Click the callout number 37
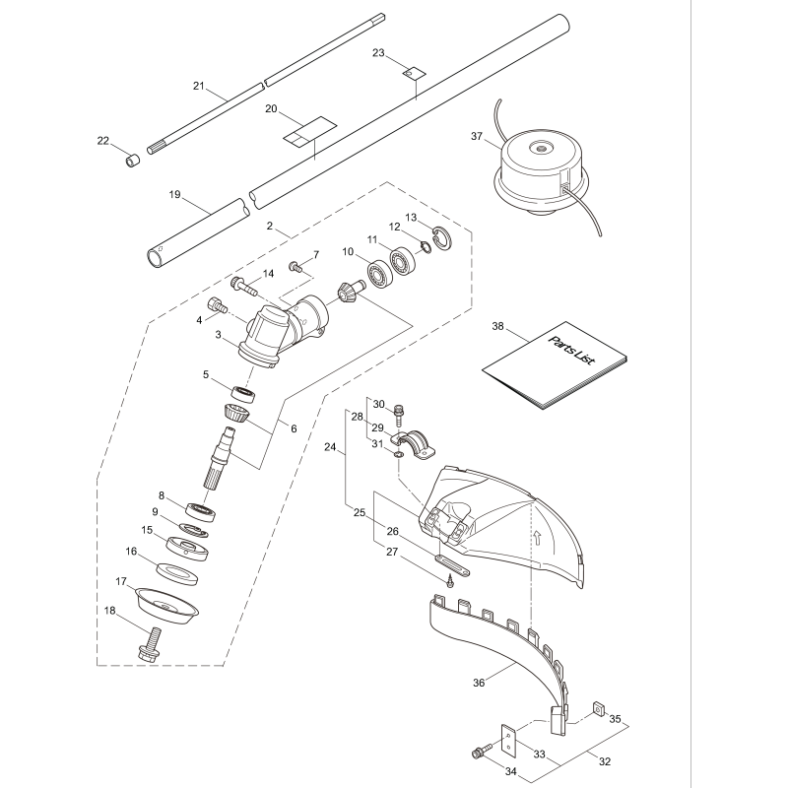pos(477,136)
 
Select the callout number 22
pos(102,141)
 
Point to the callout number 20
pos(271,109)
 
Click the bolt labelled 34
pos(482,753)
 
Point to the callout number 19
pos(174,195)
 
